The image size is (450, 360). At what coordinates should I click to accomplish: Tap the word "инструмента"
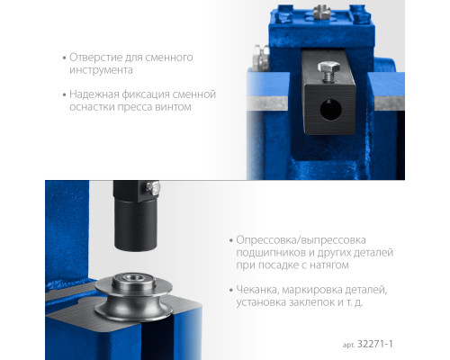tap(101, 70)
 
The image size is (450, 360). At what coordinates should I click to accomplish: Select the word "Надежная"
tap(94, 94)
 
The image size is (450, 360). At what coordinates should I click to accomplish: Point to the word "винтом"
tap(173, 107)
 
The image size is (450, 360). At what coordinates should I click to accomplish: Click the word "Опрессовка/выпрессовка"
tap(301, 240)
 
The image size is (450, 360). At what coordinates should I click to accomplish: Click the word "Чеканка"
tap(258, 290)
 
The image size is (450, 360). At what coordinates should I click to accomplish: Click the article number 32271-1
tap(375, 344)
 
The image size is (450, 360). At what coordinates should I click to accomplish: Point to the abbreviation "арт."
tap(349, 345)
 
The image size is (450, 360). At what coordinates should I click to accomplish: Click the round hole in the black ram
tap(330, 110)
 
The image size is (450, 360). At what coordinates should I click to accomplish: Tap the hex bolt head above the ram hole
tap(328, 67)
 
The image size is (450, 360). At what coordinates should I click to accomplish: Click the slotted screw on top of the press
tap(321, 12)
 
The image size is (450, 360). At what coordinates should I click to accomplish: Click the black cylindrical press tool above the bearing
tap(136, 223)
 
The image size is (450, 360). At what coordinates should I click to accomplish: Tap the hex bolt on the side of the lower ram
tap(153, 188)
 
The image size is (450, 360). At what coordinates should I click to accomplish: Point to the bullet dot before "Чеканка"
tap(230, 290)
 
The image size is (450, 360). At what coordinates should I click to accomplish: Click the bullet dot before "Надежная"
tap(64, 94)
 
